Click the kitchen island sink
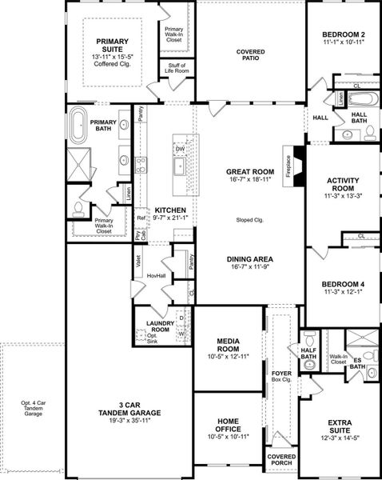[180, 166]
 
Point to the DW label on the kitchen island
[180, 149]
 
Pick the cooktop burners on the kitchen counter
[141, 166]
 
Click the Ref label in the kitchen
[141, 217]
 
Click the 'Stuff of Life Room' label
[174, 70]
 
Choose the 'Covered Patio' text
[250, 55]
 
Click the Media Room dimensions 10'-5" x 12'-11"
[228, 356]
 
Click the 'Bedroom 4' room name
[344, 284]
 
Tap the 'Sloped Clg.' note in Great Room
[250, 219]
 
